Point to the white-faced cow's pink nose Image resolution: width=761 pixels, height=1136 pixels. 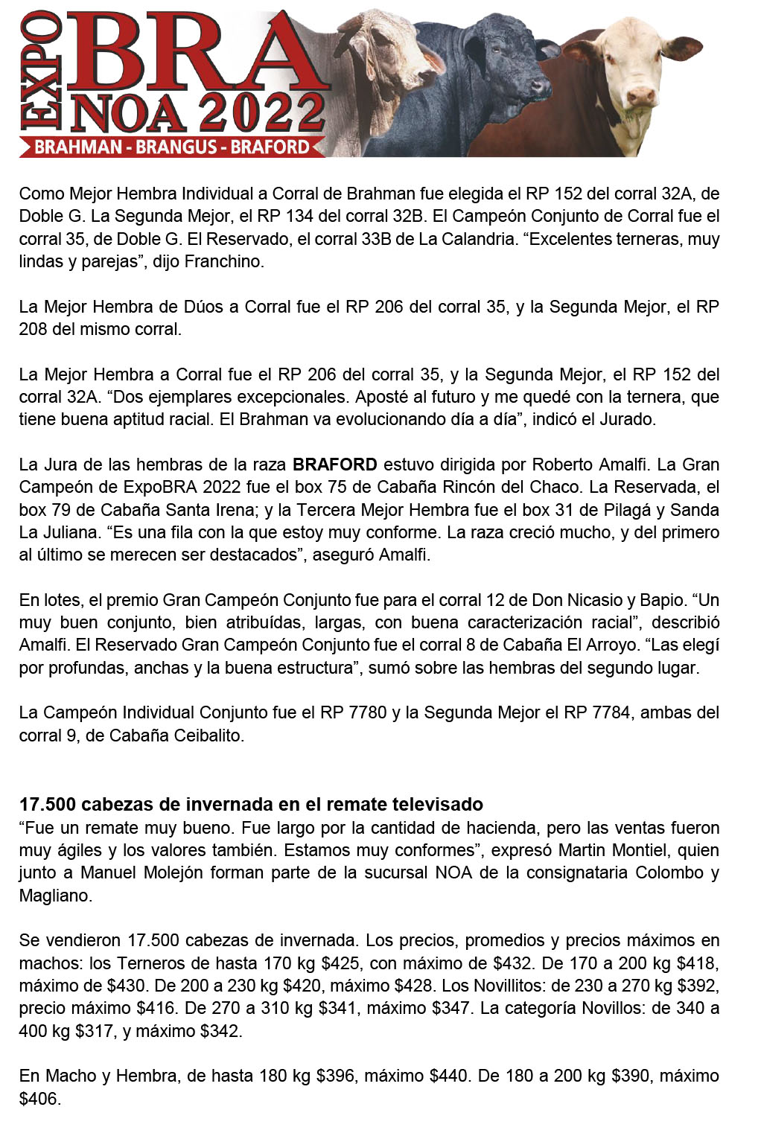coord(640,95)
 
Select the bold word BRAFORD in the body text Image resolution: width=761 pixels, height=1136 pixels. coord(334,465)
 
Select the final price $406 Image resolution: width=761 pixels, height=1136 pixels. coord(39,1099)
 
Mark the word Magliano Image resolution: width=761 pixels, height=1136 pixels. coord(54,896)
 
